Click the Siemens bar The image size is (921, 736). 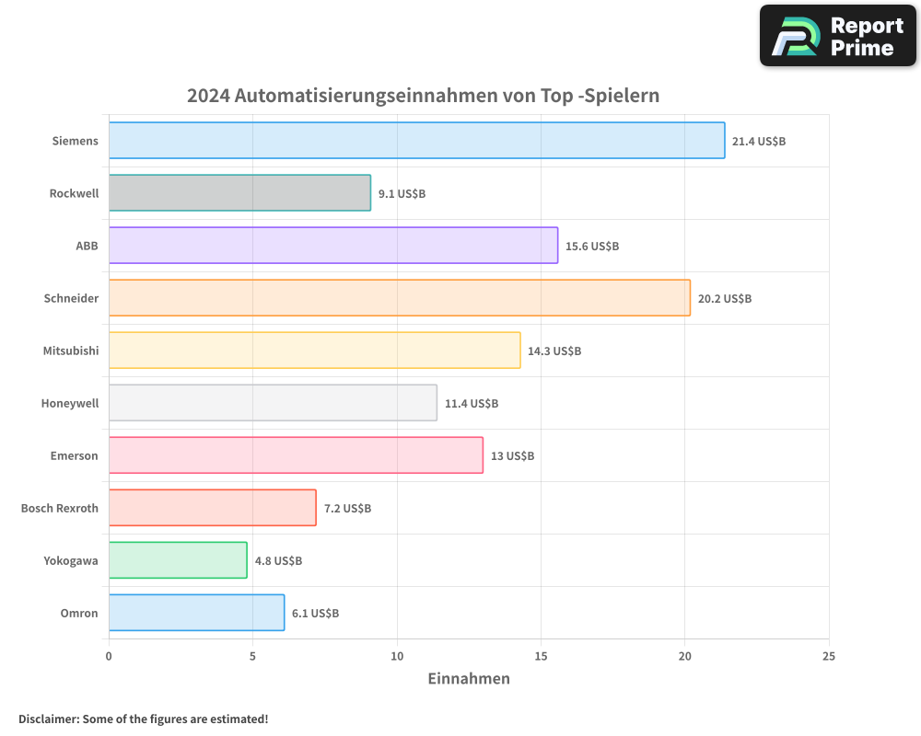(x=416, y=141)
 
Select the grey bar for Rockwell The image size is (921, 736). (x=239, y=193)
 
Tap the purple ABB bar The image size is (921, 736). (x=332, y=246)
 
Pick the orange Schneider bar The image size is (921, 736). (x=399, y=298)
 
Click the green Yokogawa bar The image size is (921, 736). (x=178, y=560)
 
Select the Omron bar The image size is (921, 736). (x=196, y=613)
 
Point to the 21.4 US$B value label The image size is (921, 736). (x=758, y=142)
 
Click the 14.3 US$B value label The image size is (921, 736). (x=554, y=351)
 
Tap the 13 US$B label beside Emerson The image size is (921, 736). (x=512, y=456)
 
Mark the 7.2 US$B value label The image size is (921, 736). (x=347, y=509)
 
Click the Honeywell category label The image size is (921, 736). (x=69, y=404)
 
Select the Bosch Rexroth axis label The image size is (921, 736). (x=59, y=509)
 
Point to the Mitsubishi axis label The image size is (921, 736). (x=70, y=351)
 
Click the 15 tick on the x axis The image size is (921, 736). (x=541, y=657)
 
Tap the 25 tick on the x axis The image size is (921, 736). (x=829, y=657)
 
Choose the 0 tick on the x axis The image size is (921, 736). (x=109, y=657)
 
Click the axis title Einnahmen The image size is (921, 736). (x=468, y=679)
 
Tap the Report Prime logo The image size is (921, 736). (x=838, y=36)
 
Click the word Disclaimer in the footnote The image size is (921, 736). (x=48, y=719)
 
